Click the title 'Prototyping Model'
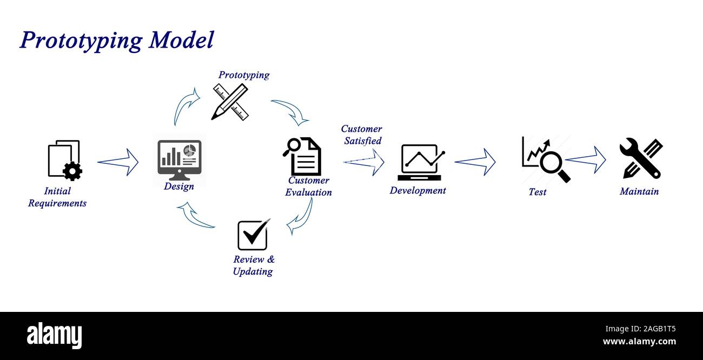coord(117,41)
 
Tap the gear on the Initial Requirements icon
coord(72,171)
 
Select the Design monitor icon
coord(180,160)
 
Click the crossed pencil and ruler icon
coord(230,102)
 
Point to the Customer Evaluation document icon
coord(303,156)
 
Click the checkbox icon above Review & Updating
coord(253,235)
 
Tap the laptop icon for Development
coord(420,162)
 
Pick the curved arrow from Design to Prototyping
coord(186,106)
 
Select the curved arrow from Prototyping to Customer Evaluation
coord(290,111)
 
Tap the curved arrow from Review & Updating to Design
coord(197,216)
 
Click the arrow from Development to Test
coord(475,162)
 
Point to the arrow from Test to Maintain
coord(586,159)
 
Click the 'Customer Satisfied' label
coord(362,135)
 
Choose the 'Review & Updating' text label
coord(253,265)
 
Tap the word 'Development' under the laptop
coord(417,190)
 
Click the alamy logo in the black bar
coord(54,336)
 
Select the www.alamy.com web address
coord(639,342)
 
